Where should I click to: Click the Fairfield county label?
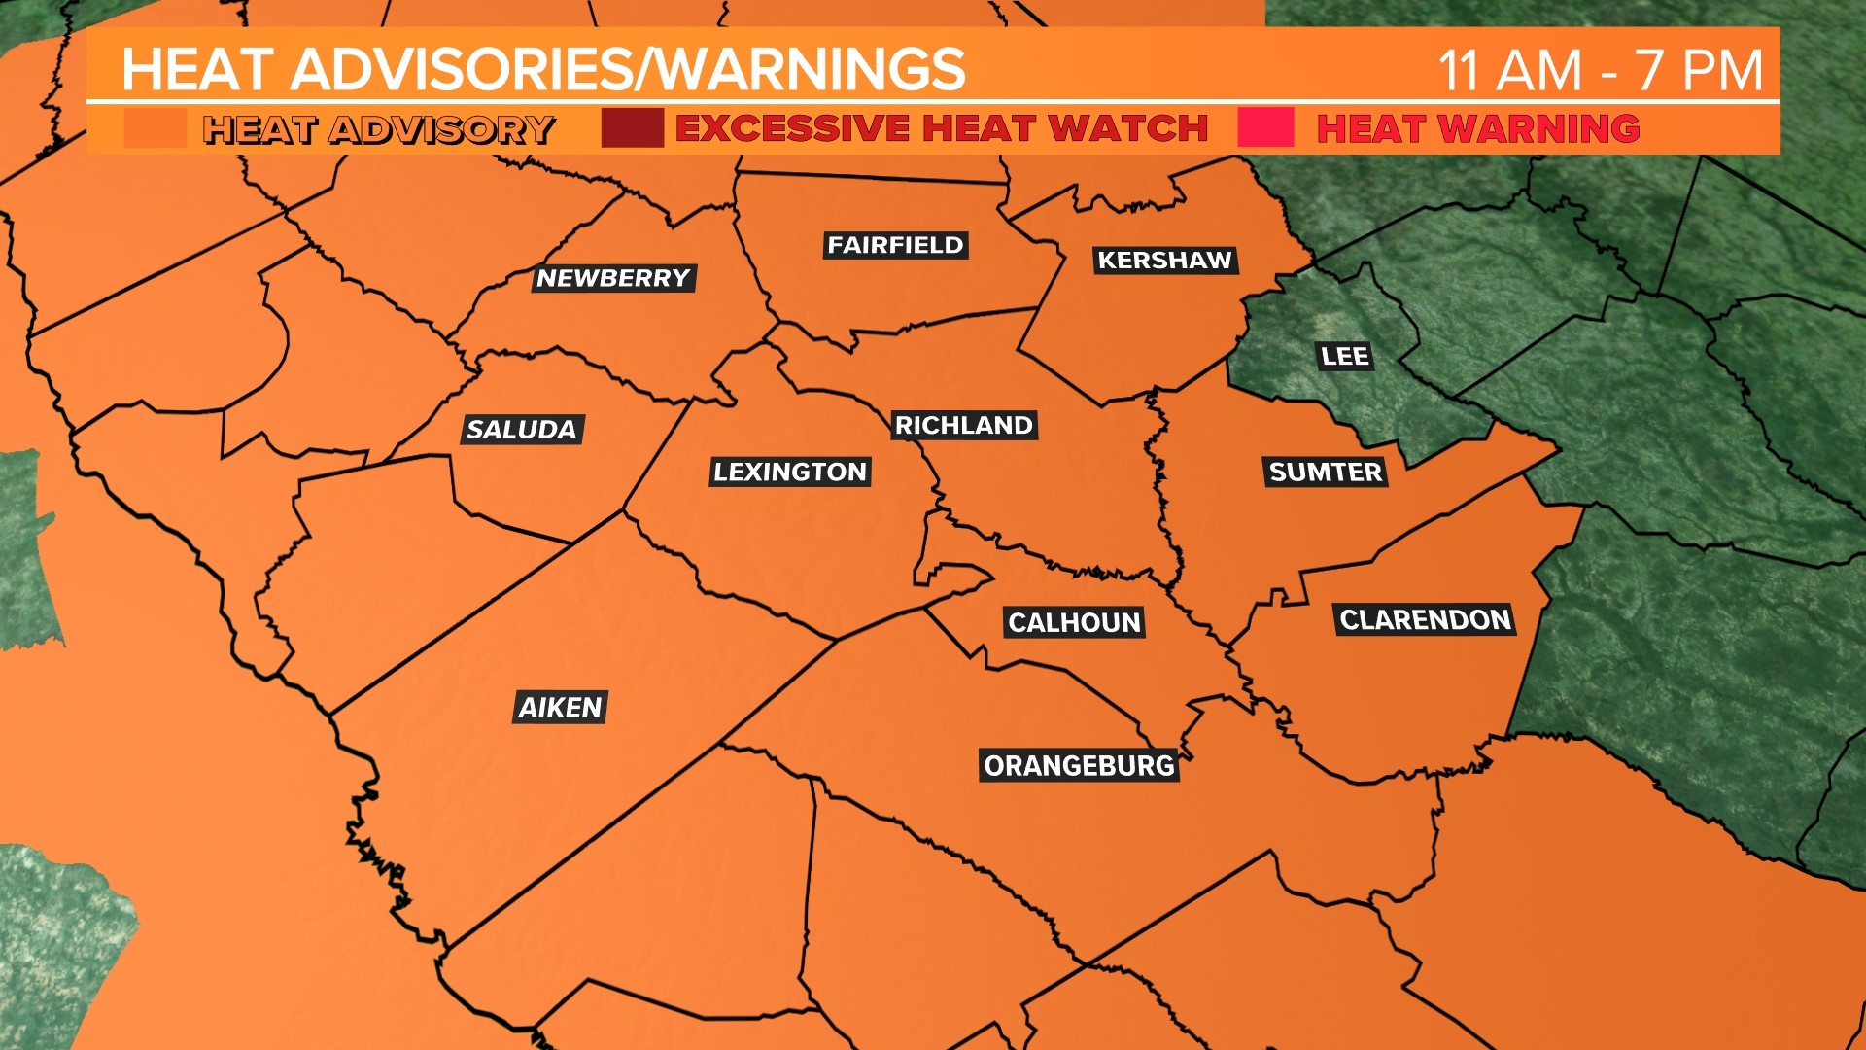coord(895,245)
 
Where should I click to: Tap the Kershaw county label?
coord(1164,261)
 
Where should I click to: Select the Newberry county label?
coord(613,279)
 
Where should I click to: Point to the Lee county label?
coord(1345,357)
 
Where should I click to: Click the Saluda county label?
coord(522,430)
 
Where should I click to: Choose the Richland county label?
coord(963,426)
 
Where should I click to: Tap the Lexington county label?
coord(789,472)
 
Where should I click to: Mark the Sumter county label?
coord(1326,472)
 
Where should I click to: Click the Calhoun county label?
coord(1074,623)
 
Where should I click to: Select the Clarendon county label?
coord(1425,620)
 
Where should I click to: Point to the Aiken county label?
coord(561,708)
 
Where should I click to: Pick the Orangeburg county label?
coord(1079,766)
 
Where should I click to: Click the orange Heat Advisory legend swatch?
coord(155,128)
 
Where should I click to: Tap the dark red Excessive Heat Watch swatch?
coord(632,128)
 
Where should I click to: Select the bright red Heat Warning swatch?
coord(1265,128)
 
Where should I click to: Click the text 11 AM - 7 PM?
coord(1600,70)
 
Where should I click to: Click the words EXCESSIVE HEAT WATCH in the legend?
coord(941,128)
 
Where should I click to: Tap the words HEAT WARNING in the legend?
coord(1477,128)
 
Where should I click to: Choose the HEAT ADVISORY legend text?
coord(378,129)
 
